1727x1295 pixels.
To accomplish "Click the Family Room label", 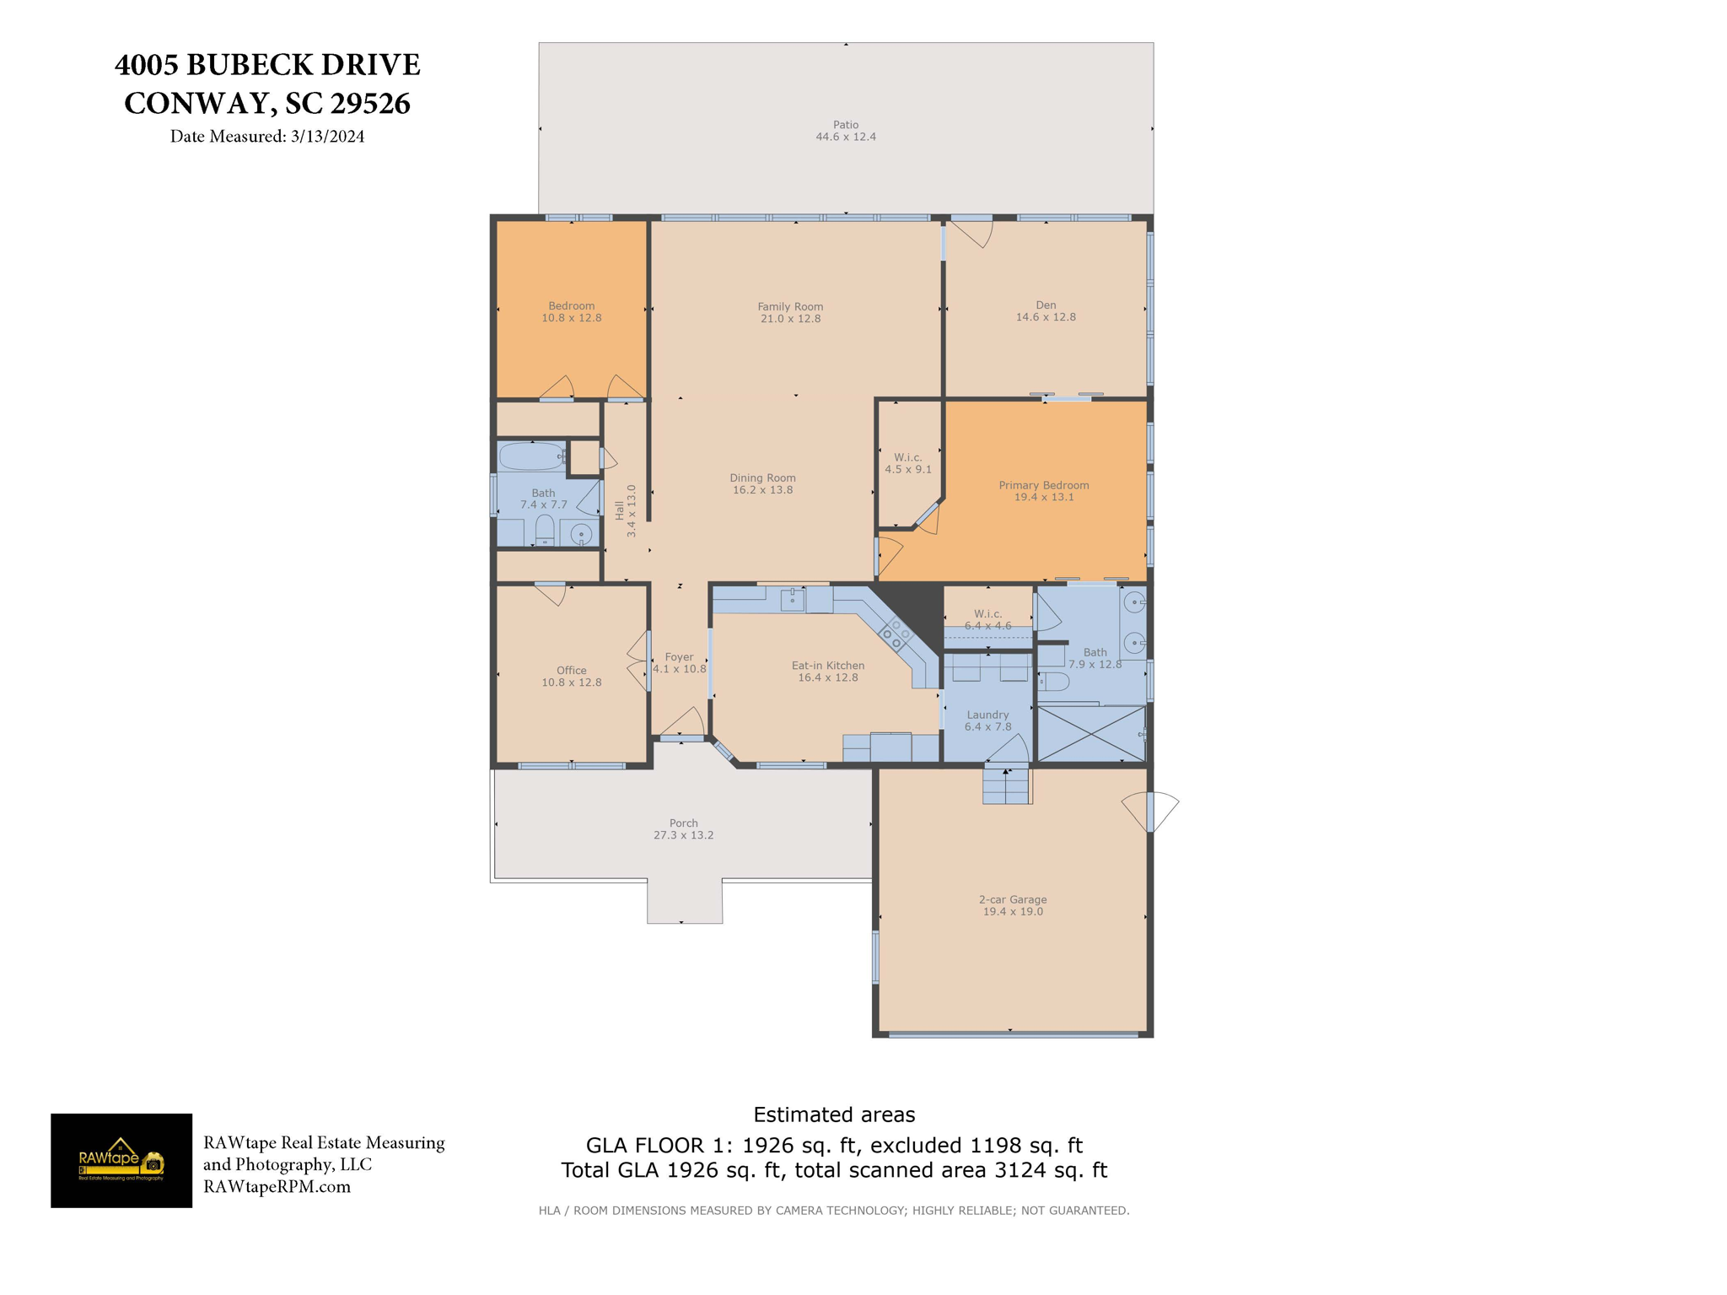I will click(789, 307).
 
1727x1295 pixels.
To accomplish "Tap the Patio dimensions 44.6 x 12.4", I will click(845, 137).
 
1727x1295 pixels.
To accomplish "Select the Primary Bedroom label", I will click(1043, 485).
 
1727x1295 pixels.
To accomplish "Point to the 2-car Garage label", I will click(1012, 899).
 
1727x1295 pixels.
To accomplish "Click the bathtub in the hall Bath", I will click(531, 456).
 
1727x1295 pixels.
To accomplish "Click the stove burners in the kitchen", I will click(896, 634).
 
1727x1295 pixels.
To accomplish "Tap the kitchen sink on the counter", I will click(792, 599).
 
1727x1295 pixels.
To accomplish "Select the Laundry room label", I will click(987, 715).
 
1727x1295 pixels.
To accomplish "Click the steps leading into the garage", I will click(1006, 785).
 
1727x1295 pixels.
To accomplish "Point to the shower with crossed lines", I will click(1090, 733).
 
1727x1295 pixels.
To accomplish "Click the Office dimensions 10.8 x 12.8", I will click(571, 683).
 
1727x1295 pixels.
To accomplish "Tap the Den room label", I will click(1046, 305).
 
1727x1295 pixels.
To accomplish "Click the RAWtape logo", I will click(121, 1160).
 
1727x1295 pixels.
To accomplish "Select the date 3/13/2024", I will click(327, 137).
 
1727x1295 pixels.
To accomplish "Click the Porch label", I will click(683, 823).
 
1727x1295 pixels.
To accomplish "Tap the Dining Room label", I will click(762, 478).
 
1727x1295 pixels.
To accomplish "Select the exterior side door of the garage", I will click(1150, 812).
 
